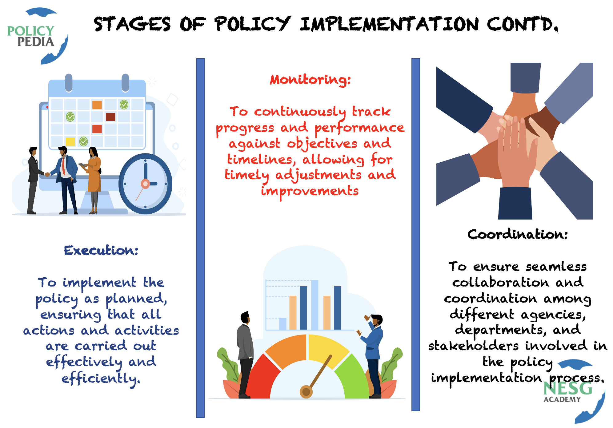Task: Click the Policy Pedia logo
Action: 37,36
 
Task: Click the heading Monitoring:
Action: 310,80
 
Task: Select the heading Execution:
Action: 101,250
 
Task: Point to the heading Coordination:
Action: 518,234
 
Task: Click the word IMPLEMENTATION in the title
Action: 389,24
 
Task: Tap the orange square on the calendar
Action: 97,105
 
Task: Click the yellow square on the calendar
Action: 70,141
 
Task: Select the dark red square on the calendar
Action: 110,117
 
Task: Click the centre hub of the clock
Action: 145,184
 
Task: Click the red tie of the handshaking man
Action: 63,166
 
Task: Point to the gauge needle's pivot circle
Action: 306,392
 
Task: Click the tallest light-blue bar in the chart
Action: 315,305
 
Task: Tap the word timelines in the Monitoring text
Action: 260,159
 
